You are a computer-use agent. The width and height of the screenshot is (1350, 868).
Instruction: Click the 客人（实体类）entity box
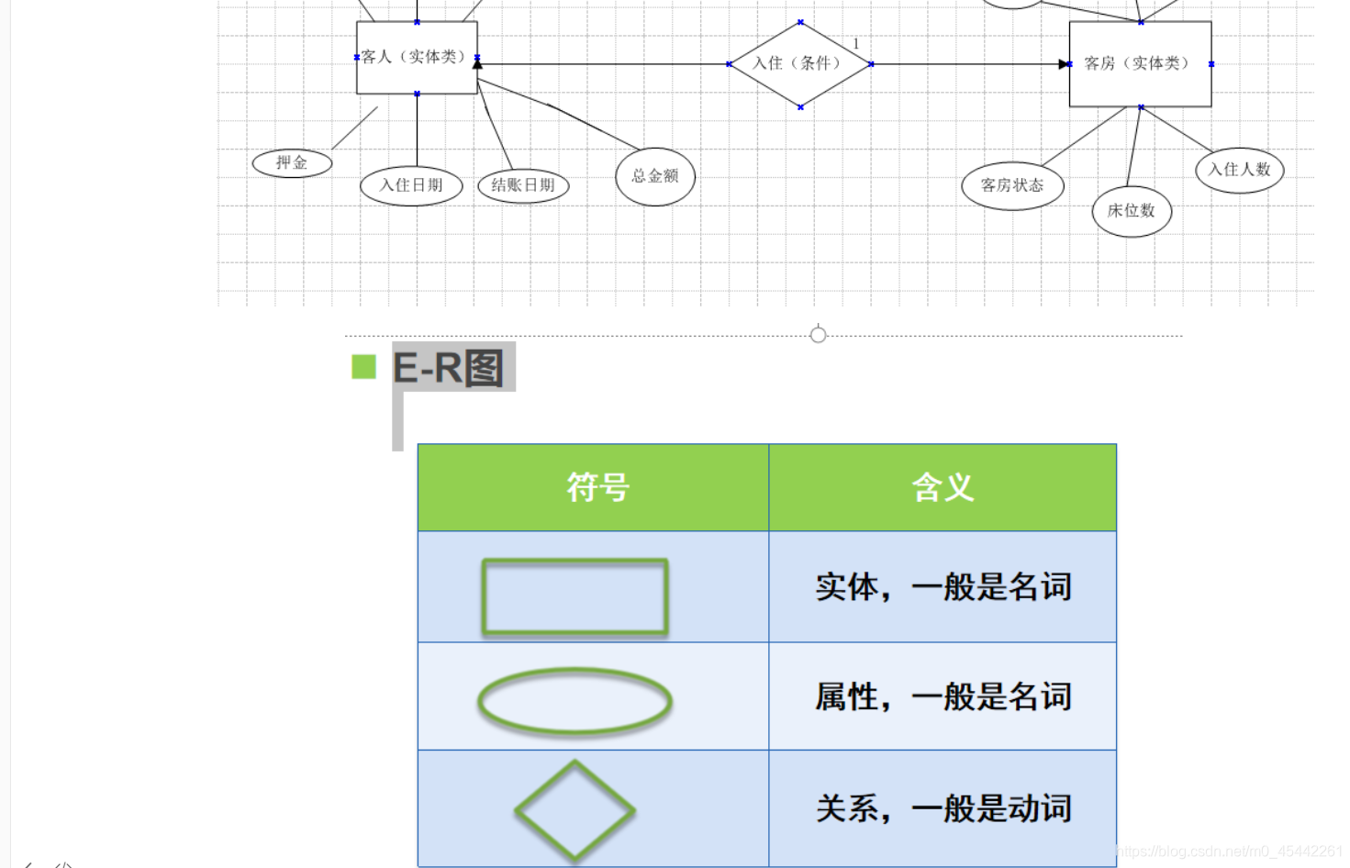[417, 57]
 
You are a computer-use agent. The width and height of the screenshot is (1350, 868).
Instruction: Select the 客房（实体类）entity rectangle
[1140, 63]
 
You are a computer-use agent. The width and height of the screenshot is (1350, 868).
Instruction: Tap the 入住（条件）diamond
[799, 63]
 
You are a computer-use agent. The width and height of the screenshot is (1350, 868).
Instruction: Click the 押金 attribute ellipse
[292, 163]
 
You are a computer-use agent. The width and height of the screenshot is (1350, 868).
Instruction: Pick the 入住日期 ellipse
[411, 185]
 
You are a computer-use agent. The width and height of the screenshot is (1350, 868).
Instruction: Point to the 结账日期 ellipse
[523, 185]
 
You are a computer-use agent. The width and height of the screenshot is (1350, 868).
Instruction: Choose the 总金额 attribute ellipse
[655, 176]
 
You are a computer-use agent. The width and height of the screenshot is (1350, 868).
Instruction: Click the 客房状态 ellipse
[1012, 185]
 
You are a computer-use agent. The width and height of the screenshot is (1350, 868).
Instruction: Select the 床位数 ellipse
[1132, 211]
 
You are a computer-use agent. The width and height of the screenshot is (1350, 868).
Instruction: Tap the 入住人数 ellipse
[1239, 170]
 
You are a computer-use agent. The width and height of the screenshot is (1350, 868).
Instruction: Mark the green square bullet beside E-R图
[363, 367]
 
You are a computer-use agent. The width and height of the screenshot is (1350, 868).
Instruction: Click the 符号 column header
[597, 487]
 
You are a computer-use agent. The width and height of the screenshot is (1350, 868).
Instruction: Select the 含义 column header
[943, 487]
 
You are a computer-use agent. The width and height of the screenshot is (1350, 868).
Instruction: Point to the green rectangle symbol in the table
[575, 596]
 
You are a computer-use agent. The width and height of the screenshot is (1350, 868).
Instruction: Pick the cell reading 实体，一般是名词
[943, 587]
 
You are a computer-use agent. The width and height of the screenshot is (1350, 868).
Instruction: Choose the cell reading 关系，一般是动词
[943, 808]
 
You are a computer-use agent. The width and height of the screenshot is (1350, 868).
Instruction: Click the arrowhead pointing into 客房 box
[1064, 64]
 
